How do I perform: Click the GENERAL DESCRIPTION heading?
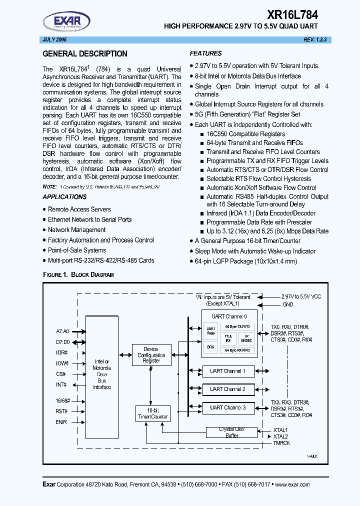coord(85,54)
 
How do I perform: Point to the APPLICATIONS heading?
coord(64,197)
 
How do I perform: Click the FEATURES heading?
coord(205,53)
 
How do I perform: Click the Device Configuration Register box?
coord(151,354)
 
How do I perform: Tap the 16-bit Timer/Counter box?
coord(152,413)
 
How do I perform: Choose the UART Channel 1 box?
coord(228,371)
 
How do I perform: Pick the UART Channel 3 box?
coord(228,407)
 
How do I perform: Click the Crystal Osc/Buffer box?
coord(231,432)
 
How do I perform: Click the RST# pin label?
coord(62,410)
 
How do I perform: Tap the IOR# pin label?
coord(62,352)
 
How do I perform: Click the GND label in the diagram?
coord(287,304)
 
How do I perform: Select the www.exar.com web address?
coord(292,484)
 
